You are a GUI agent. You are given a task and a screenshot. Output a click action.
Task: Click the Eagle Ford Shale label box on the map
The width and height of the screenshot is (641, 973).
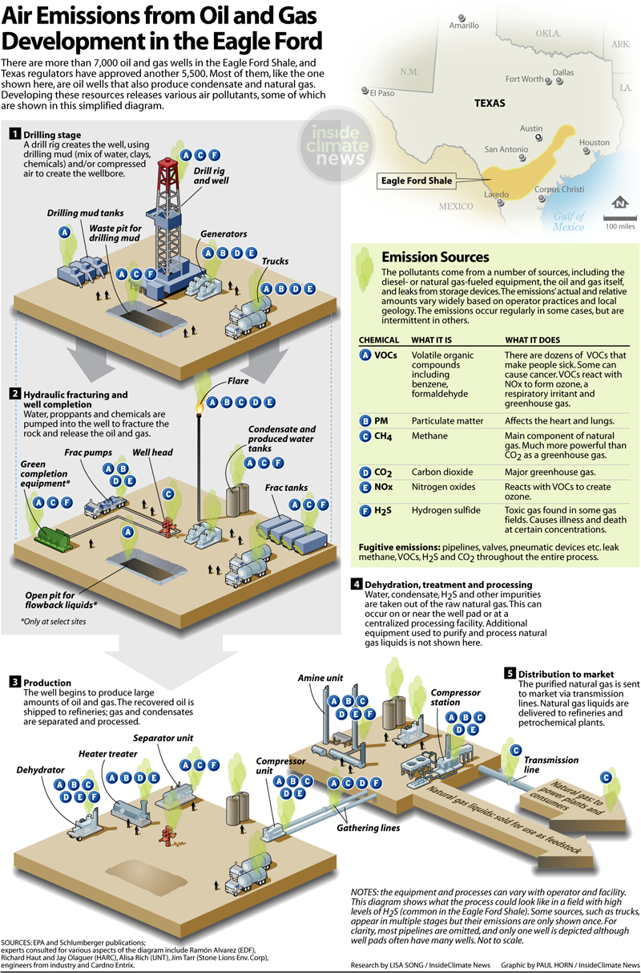pyautogui.click(x=417, y=180)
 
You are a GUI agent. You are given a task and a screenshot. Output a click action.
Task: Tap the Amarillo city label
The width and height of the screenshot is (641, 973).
pyautogui.click(x=464, y=25)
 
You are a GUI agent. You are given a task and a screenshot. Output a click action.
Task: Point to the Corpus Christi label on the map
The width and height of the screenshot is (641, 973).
pyautogui.click(x=559, y=189)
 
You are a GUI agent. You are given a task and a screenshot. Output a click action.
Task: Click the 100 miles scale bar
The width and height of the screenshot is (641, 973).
pyautogui.click(x=619, y=217)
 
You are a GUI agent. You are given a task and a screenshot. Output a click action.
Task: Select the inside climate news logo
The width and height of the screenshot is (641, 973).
pyautogui.click(x=337, y=145)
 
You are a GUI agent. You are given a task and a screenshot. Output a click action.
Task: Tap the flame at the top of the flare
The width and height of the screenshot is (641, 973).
pyautogui.click(x=200, y=407)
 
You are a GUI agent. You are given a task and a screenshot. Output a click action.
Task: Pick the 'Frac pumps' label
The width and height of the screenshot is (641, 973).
pyautogui.click(x=88, y=452)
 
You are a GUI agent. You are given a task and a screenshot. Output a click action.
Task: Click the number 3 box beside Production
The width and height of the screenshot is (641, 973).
pyautogui.click(x=14, y=682)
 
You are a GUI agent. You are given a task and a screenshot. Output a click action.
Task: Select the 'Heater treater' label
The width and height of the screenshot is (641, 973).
pyautogui.click(x=107, y=754)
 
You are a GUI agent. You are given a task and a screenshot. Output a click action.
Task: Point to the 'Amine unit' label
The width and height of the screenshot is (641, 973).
pyautogui.click(x=320, y=678)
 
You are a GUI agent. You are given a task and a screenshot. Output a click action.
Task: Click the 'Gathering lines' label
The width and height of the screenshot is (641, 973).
pyautogui.click(x=369, y=828)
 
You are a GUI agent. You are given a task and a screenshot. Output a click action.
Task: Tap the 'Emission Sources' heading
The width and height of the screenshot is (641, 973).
pyautogui.click(x=435, y=257)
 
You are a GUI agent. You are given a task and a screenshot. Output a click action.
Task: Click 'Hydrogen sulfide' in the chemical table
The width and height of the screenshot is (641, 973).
pyautogui.click(x=446, y=510)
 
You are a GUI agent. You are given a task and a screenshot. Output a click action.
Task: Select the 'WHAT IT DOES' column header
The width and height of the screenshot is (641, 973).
pyautogui.click(x=533, y=339)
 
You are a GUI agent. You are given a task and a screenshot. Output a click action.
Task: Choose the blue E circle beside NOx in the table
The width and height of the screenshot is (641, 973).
pyautogui.click(x=365, y=487)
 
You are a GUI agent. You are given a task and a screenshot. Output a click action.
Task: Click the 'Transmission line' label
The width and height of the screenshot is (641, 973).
pyautogui.click(x=551, y=764)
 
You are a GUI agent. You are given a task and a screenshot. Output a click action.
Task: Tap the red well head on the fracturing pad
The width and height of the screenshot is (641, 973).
pyautogui.click(x=167, y=527)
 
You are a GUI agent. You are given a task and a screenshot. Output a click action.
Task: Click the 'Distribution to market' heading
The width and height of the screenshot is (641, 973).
pyautogui.click(x=566, y=674)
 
